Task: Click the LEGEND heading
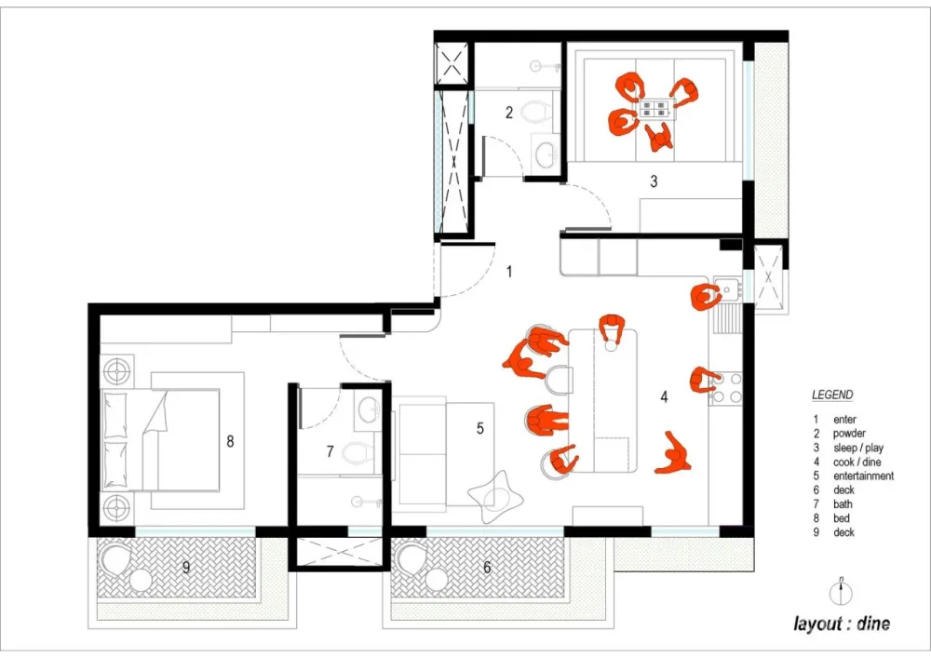[x=832, y=395]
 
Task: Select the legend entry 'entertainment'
[x=863, y=476]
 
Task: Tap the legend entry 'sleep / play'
[x=858, y=448]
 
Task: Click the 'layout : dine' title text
[x=842, y=623]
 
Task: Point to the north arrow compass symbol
[x=841, y=592]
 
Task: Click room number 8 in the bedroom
[x=230, y=441]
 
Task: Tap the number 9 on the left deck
[x=186, y=568]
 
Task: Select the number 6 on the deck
[x=487, y=568]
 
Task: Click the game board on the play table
[x=654, y=109]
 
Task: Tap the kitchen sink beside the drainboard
[x=727, y=290]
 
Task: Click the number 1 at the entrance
[x=509, y=271]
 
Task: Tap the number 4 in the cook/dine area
[x=664, y=396]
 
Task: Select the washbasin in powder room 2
[x=544, y=154]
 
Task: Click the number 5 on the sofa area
[x=479, y=428]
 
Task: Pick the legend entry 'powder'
[x=849, y=434]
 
